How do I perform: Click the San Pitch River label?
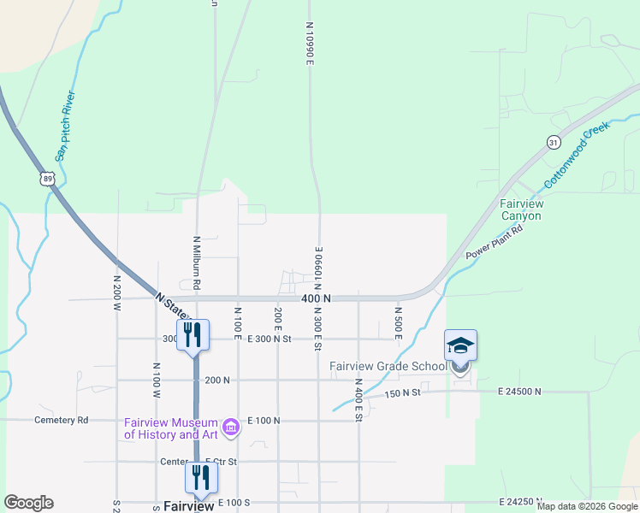click(x=65, y=126)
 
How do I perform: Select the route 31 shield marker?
click(x=554, y=142)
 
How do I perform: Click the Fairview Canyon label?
click(x=521, y=210)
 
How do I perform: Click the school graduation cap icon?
click(x=460, y=345)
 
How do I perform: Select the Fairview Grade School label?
click(x=388, y=367)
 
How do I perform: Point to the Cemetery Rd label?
click(x=61, y=421)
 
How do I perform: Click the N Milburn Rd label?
click(x=197, y=261)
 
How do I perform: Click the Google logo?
click(x=28, y=503)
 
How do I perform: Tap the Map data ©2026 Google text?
click(x=587, y=506)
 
